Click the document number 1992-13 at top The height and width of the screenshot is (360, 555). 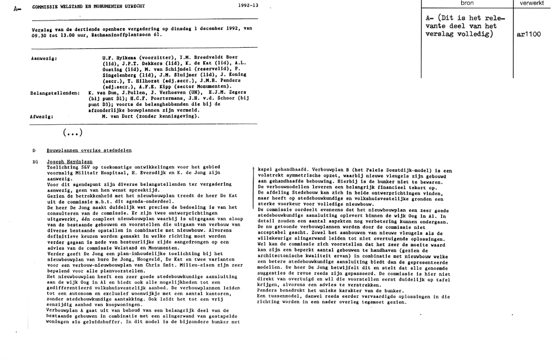click(248, 5)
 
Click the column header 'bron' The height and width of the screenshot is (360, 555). click(468, 3)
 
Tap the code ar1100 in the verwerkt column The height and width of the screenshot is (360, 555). click(528, 34)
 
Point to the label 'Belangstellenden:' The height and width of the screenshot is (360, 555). click(54, 93)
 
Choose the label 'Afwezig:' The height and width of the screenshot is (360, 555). click(41, 116)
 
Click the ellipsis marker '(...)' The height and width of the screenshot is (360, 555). click(73, 133)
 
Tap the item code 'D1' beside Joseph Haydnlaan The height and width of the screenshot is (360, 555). click(35, 161)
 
